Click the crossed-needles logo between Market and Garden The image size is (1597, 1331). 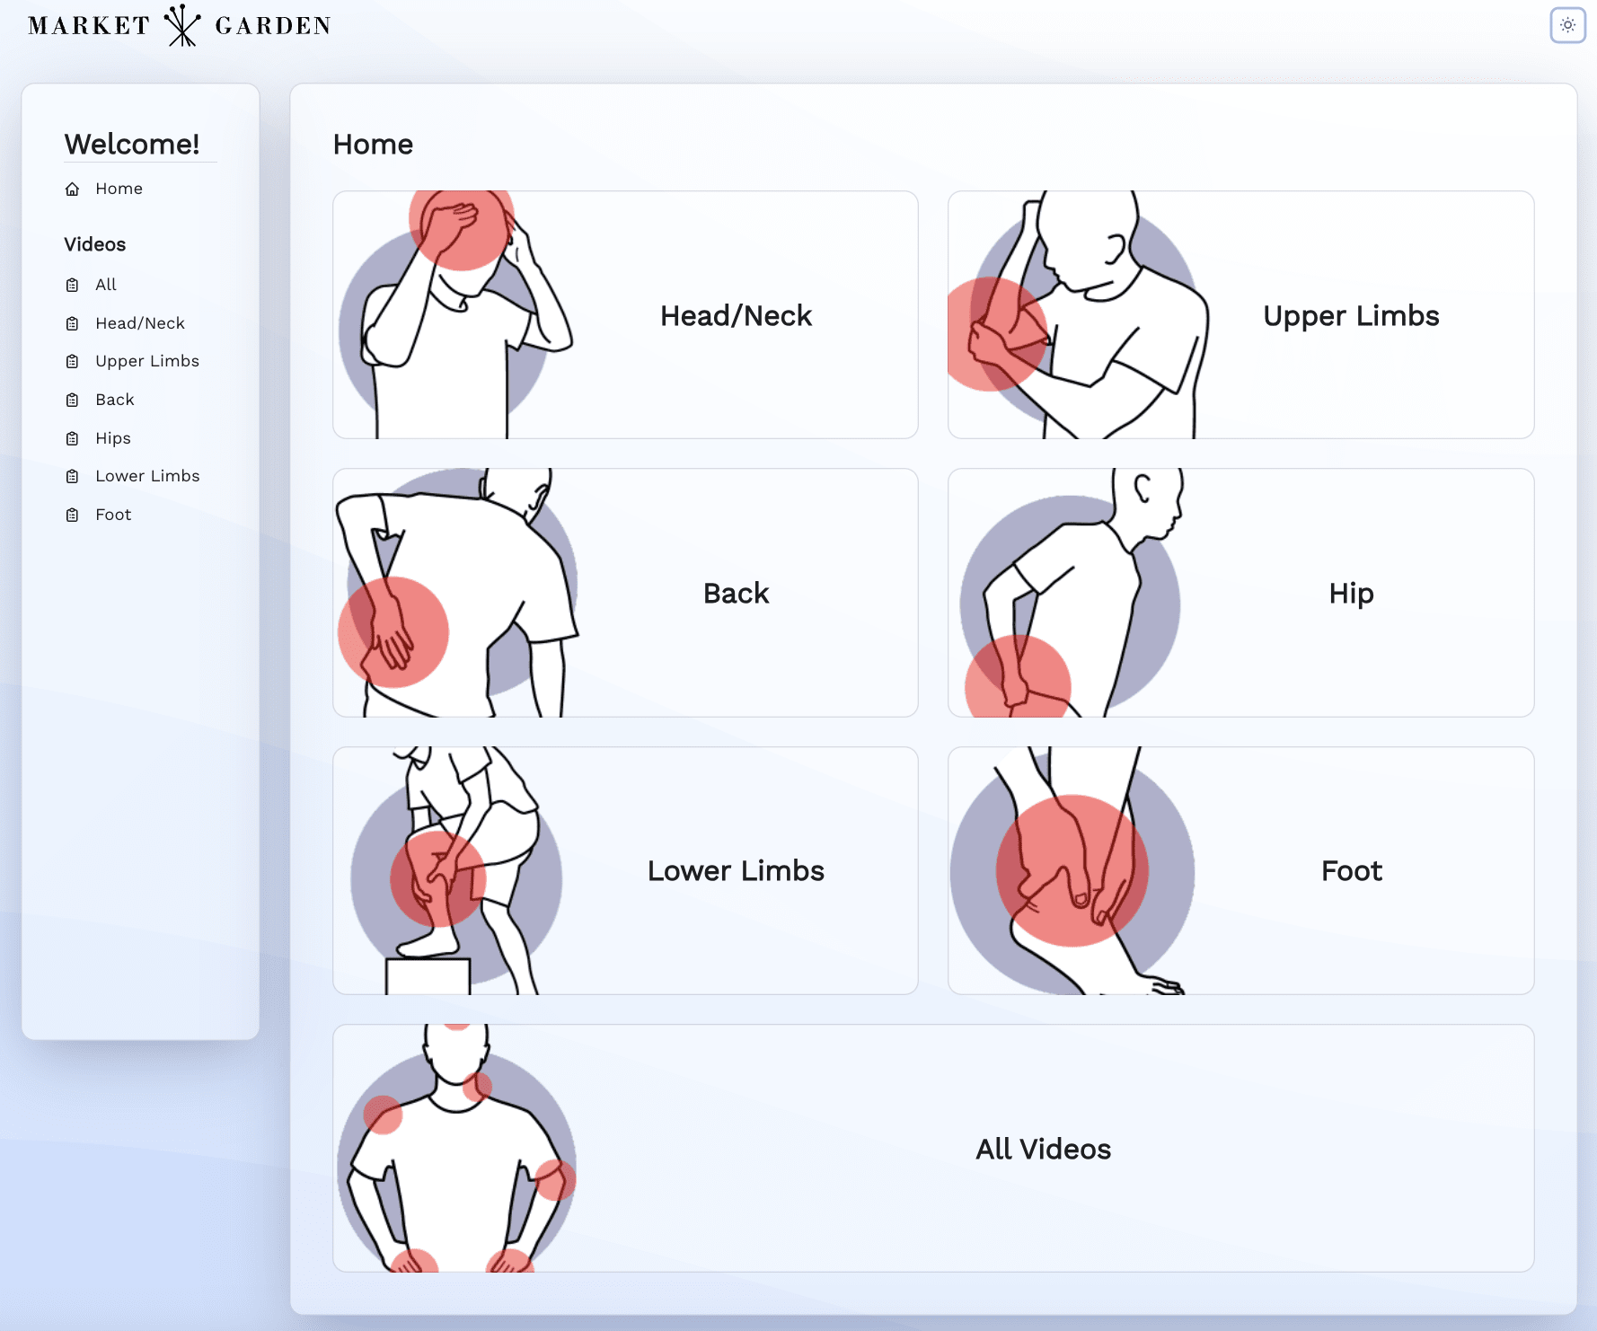point(182,25)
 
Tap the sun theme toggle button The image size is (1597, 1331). point(1567,25)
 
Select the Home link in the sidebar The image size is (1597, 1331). point(119,189)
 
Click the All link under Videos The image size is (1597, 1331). point(106,285)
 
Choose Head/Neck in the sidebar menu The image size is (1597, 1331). point(140,323)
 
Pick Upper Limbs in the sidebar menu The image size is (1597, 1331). point(147,361)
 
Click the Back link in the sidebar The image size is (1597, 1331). point(115,400)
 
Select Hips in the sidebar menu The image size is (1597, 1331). point(113,438)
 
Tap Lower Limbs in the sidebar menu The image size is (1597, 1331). point(147,476)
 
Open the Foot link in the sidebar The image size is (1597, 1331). point(113,515)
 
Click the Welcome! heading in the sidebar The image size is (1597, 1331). point(132,144)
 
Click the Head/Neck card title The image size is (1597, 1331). point(736,316)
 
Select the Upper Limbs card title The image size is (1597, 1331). point(1351,316)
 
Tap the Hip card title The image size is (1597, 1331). point(1351,594)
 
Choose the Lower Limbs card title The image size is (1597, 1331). point(736,871)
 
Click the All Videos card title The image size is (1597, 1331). point(1043,1150)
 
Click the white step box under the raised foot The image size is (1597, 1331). point(428,976)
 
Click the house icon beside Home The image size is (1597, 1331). point(73,190)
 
